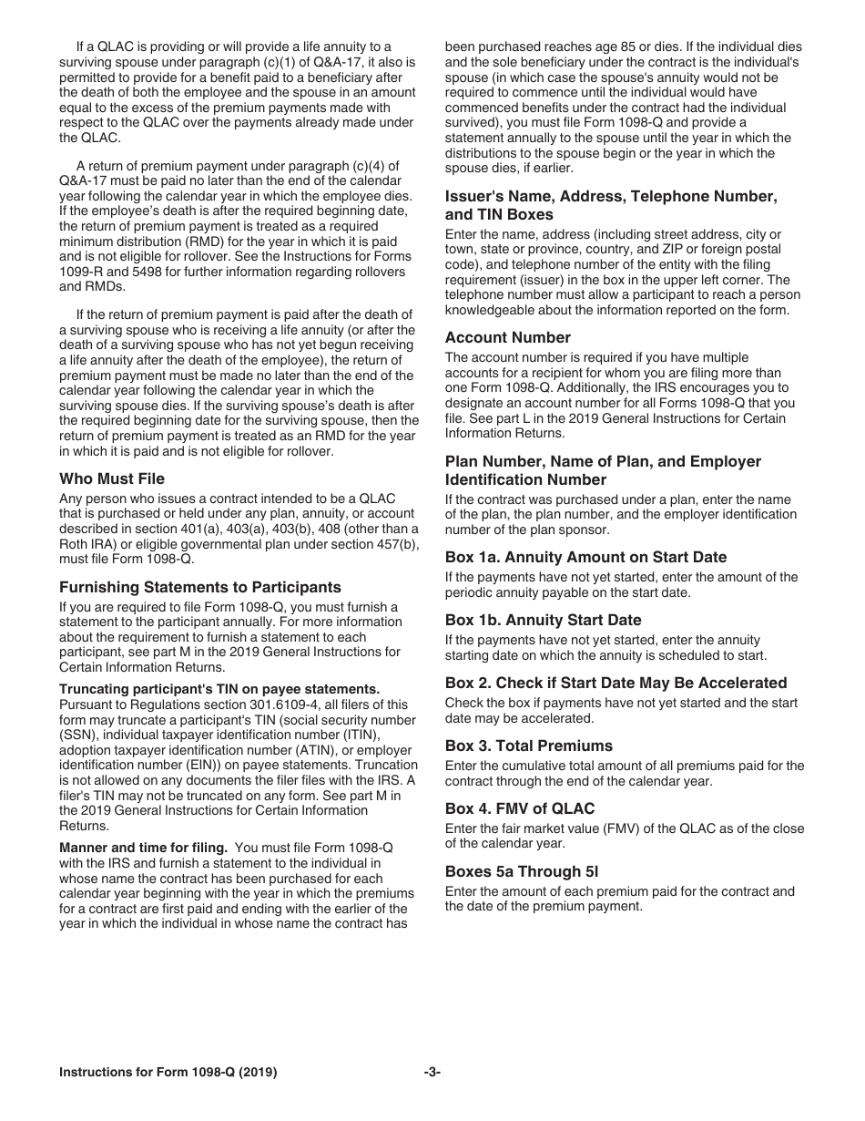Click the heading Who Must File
click(112, 478)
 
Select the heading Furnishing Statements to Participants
click(200, 587)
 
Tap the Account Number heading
click(508, 337)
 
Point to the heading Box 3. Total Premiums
click(529, 746)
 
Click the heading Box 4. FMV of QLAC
click(520, 808)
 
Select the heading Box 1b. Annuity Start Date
click(544, 620)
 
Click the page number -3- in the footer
click(432, 1073)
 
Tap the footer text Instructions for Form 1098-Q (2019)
click(168, 1073)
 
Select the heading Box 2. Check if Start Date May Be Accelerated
click(616, 683)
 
